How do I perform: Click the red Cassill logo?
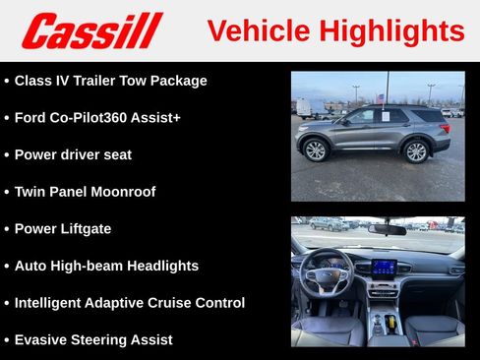[x=90, y=30]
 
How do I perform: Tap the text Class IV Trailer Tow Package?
[x=110, y=81]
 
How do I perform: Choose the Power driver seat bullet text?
[x=73, y=154]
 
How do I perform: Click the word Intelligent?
[x=50, y=303]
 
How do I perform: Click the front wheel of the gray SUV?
[x=315, y=150]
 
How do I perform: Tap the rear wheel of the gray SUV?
[x=417, y=151]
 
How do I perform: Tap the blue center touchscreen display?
[x=383, y=267]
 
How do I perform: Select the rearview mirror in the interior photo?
[x=388, y=229]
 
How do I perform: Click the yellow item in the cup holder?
[x=391, y=322]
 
